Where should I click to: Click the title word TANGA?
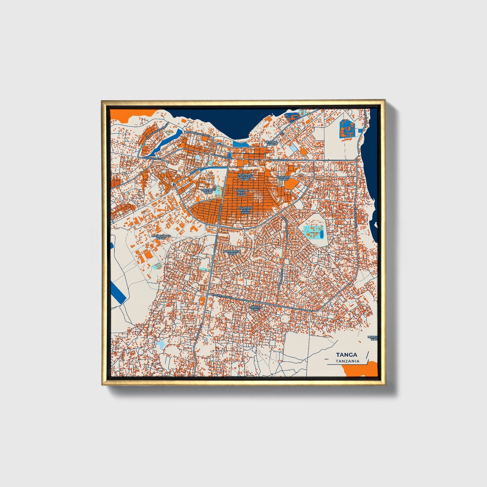tap(347, 355)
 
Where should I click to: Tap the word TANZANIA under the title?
tap(347, 361)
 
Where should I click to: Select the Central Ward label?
tap(272, 143)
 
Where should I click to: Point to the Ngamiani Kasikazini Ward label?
tap(245, 177)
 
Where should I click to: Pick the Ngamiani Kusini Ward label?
tap(245, 210)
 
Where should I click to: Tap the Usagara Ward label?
tap(283, 178)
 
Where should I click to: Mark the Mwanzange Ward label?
tap(161, 237)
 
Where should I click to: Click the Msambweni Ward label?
tap(233, 252)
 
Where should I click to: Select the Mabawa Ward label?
tap(255, 308)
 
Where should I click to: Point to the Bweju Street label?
tap(150, 158)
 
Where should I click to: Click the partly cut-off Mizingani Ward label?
tap(372, 338)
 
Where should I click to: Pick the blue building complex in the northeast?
tap(347, 128)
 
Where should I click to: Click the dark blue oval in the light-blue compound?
tap(321, 233)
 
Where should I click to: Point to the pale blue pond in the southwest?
tap(160, 344)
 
